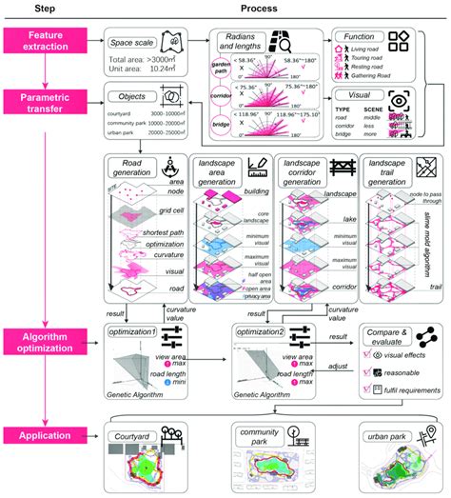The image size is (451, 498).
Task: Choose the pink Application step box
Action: tap(49, 435)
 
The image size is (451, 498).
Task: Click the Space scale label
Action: tap(140, 44)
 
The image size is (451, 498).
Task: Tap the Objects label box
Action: tap(132, 96)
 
